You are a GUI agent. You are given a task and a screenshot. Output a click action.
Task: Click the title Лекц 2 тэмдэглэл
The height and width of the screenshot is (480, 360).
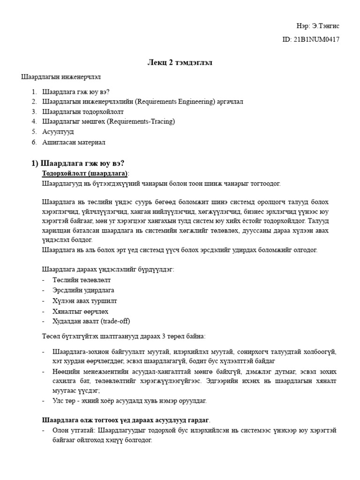coord(180,63)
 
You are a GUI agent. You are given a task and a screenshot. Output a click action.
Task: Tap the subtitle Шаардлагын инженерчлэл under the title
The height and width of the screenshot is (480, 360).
coord(61,76)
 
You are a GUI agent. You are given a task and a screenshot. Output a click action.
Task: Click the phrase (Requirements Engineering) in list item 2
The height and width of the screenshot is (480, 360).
coord(171,101)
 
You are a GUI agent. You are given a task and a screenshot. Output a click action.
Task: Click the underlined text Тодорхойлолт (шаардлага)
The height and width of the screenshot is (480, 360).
coord(85,173)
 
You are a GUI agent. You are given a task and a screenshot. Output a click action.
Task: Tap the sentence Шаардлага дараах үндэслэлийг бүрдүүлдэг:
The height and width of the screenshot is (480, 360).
coord(108,270)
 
